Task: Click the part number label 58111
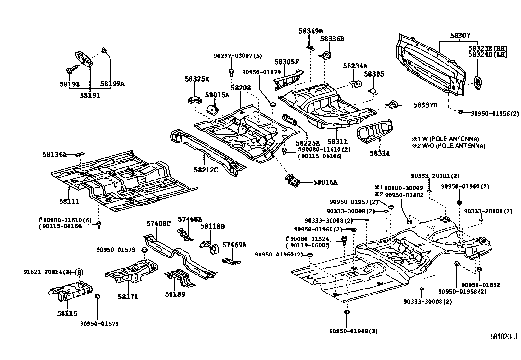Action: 69,201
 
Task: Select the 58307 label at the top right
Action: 460,35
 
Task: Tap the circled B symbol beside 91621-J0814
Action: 79,272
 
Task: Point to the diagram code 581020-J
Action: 503,337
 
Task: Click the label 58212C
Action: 206,170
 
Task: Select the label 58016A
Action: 325,182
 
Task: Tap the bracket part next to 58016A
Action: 293,181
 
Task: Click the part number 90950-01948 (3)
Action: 353,331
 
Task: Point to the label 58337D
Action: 425,105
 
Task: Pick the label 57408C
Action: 158,223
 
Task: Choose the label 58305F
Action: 287,62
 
